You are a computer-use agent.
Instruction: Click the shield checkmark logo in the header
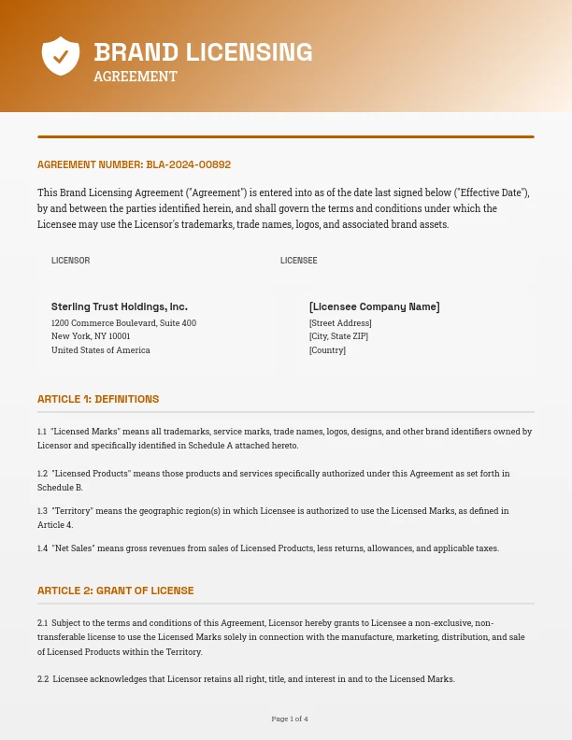[61, 56]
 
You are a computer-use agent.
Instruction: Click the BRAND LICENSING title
[203, 52]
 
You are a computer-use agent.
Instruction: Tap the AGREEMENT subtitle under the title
[136, 77]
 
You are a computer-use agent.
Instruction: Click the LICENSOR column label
[71, 261]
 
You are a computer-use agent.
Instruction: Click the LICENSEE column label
[299, 261]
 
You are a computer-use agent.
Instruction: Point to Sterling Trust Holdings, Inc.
[120, 306]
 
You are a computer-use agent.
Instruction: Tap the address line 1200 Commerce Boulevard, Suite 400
[123, 323]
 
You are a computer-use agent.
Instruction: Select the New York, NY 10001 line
[91, 336]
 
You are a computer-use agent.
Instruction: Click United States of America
[101, 350]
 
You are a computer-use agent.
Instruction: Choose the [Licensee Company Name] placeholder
[374, 306]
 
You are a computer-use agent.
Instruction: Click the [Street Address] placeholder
[340, 323]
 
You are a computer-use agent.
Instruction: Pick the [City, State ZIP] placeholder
[338, 336]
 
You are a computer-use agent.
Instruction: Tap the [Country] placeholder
[327, 350]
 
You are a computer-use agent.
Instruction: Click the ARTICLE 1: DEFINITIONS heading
[98, 399]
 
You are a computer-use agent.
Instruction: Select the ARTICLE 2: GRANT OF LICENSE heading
[116, 591]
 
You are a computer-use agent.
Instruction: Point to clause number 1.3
[42, 511]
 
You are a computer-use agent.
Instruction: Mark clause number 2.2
[43, 679]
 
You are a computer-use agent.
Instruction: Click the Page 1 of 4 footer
[290, 719]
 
